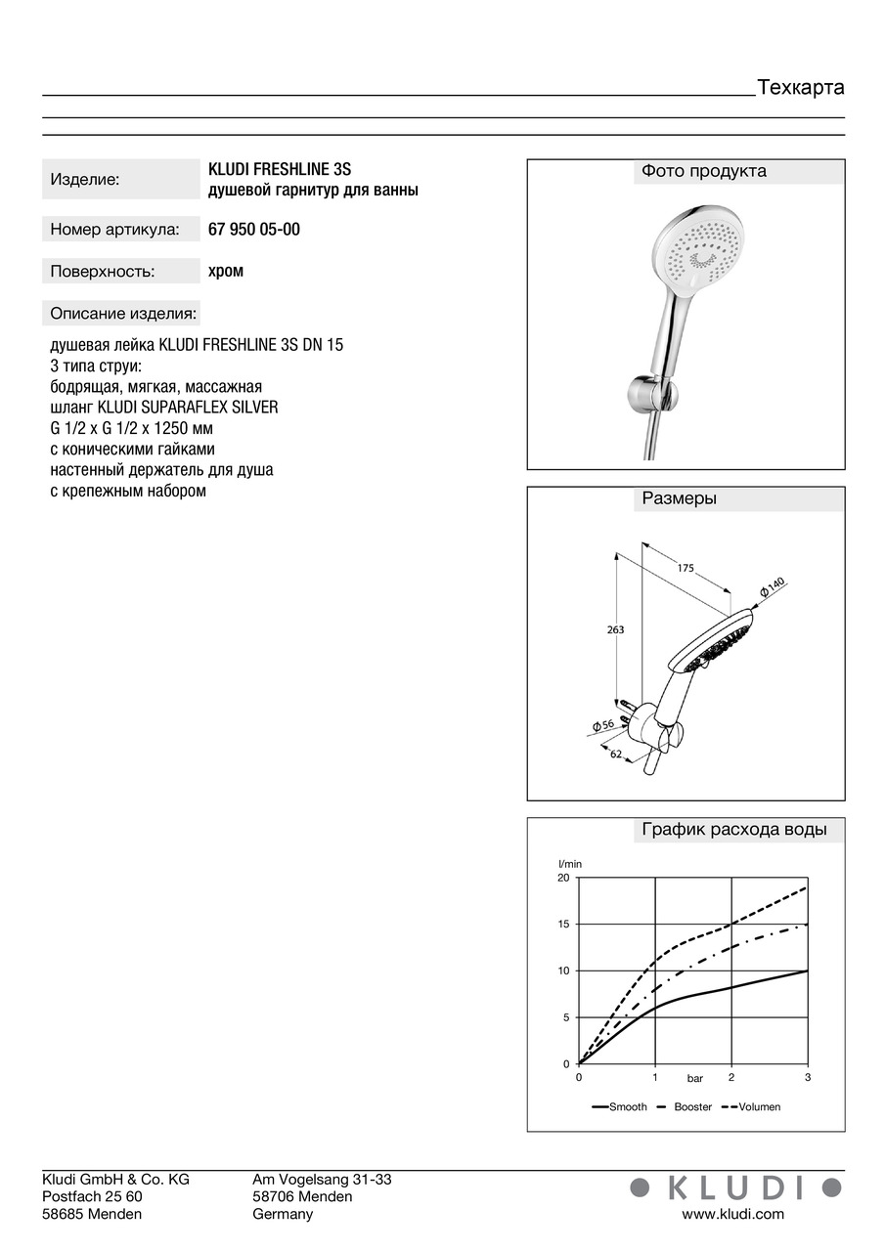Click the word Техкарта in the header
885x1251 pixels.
(800, 87)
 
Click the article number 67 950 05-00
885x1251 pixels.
(254, 230)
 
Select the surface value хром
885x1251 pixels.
(226, 271)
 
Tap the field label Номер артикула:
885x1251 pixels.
(114, 230)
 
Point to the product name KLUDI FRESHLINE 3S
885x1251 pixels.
(280, 169)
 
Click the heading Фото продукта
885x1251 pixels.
(703, 171)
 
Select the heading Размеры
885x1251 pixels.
(679, 498)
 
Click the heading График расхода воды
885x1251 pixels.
(733, 830)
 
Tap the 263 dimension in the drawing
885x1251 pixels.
(615, 630)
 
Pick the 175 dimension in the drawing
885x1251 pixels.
(685, 568)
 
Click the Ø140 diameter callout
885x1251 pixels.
(772, 587)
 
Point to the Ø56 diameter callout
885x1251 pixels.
(602, 725)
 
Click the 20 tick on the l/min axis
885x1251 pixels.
(562, 878)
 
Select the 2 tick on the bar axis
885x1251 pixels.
(730, 1077)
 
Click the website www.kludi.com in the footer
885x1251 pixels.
(732, 1214)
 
